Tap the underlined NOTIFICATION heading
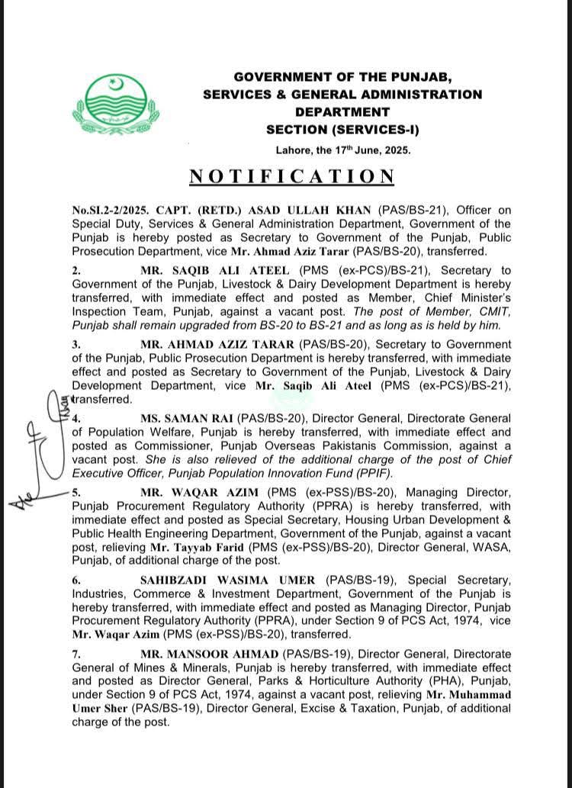tap(292, 176)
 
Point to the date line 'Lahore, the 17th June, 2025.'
tap(339, 150)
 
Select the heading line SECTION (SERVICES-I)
tap(342, 130)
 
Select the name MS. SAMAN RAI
tap(186, 419)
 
